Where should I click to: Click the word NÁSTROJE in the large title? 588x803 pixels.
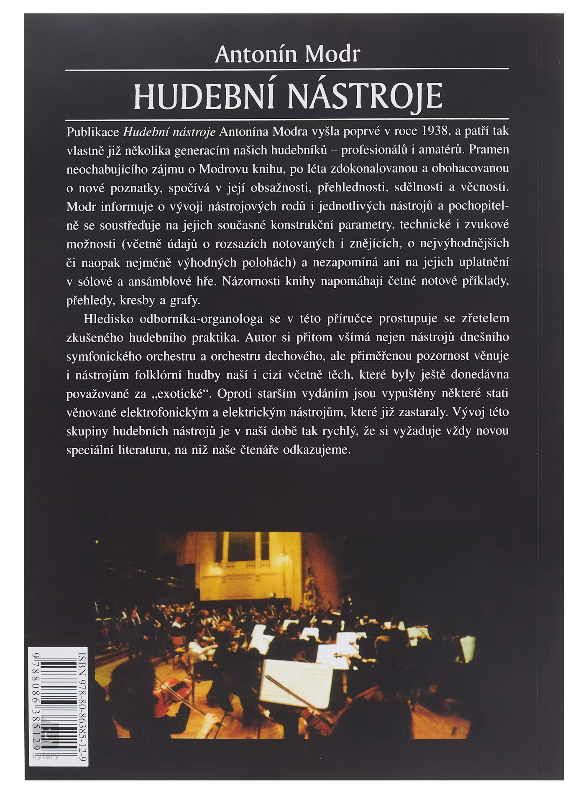click(x=365, y=96)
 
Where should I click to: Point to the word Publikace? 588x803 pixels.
click(x=93, y=132)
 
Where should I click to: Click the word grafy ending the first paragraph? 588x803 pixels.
click(x=184, y=300)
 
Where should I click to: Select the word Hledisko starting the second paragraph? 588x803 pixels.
click(x=109, y=319)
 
